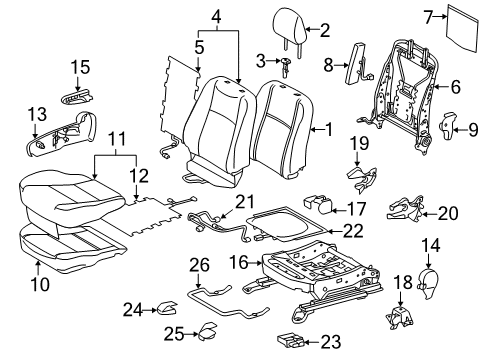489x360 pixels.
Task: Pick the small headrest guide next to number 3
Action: click(286, 66)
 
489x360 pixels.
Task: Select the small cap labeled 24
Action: click(163, 307)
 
